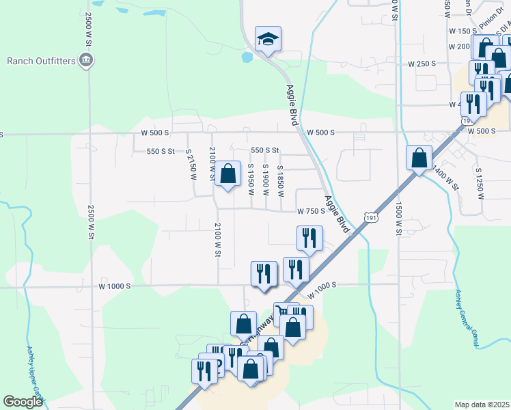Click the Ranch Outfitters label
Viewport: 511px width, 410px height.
point(40,61)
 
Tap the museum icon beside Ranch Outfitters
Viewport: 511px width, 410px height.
point(87,60)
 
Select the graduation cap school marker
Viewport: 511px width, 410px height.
point(268,40)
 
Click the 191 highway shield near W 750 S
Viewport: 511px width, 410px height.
point(370,217)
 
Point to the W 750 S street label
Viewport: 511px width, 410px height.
point(310,212)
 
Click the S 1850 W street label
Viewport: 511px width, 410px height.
point(281,180)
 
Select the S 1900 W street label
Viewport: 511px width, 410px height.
point(266,180)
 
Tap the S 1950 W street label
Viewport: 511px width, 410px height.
point(251,180)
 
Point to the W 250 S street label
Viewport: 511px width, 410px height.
point(422,64)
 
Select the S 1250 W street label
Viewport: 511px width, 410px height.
point(480,182)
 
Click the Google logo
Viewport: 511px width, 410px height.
point(23,401)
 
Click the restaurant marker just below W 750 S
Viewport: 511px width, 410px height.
point(309,238)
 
